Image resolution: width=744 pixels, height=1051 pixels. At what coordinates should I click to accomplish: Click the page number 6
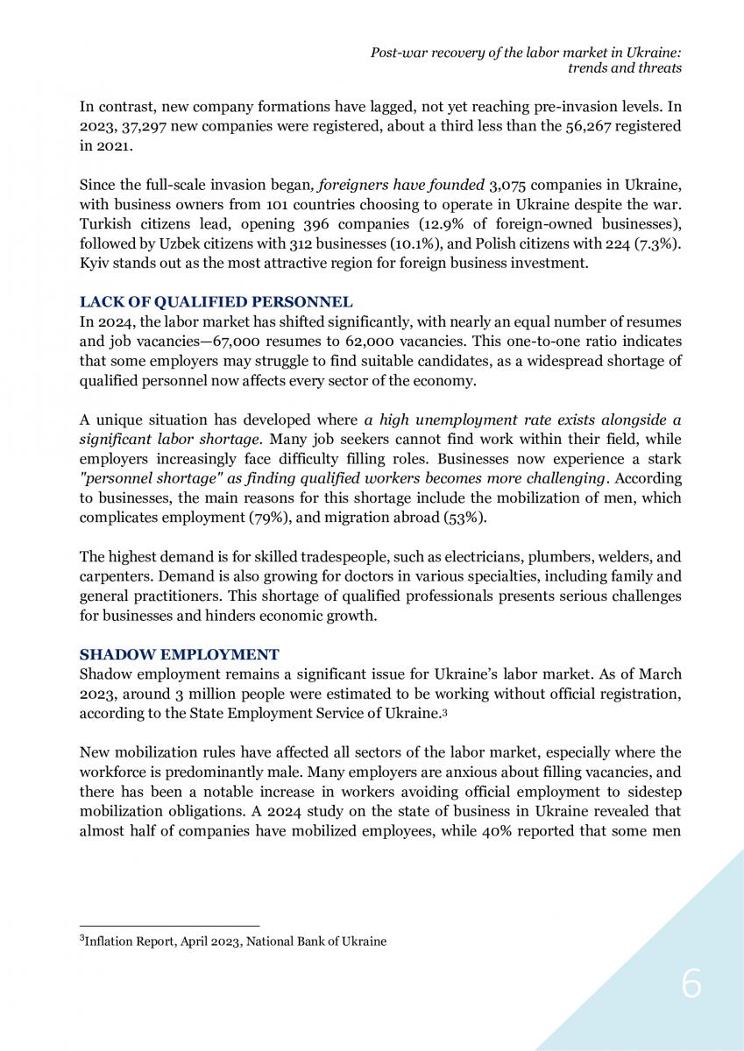pyautogui.click(x=691, y=986)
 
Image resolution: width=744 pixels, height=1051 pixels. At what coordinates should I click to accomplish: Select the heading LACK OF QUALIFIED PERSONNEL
pyautogui.click(x=216, y=302)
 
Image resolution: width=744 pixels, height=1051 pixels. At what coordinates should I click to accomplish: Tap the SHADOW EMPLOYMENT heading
pyautogui.click(x=179, y=654)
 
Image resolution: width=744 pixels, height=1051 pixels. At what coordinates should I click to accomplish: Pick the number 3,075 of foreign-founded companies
pyautogui.click(x=503, y=186)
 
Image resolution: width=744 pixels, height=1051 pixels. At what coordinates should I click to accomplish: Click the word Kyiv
pyautogui.click(x=94, y=264)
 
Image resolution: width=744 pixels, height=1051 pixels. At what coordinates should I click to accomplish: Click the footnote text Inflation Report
pyautogui.click(x=128, y=942)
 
